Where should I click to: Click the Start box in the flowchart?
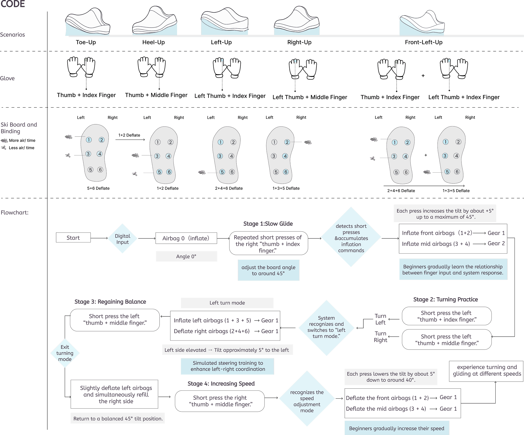click(73, 237)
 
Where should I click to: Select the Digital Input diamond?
click(123, 239)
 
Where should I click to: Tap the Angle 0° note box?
click(186, 256)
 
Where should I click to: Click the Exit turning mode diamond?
click(65, 353)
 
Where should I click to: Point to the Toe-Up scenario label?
click(86, 42)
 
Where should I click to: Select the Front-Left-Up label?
click(423, 42)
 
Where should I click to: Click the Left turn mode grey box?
click(227, 303)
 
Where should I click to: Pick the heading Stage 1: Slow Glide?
click(268, 224)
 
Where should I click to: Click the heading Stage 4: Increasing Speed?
click(221, 383)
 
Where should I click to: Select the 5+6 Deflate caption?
click(98, 188)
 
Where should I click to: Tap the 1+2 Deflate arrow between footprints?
click(130, 139)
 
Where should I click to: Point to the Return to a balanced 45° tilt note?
click(118, 418)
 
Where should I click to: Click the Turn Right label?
click(380, 337)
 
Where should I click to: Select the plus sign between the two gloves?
click(423, 76)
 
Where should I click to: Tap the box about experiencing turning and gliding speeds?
click(487, 370)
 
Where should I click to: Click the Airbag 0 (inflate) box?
click(186, 238)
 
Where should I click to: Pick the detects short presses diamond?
click(351, 238)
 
